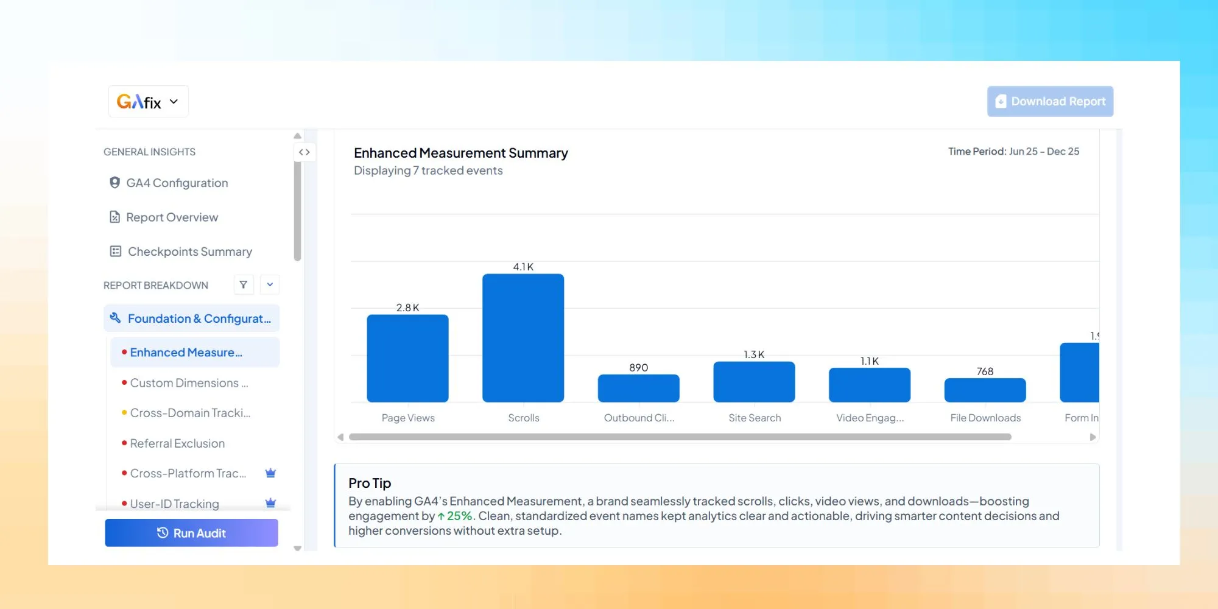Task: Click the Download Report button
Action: pos(1050,101)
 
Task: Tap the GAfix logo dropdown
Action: pos(148,102)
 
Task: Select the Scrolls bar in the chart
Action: pos(523,338)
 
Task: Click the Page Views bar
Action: pos(407,358)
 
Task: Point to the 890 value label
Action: pos(638,367)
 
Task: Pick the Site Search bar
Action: pos(754,382)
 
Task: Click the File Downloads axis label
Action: pos(985,418)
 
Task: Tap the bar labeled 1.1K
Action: pos(869,385)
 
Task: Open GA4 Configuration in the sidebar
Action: pos(177,183)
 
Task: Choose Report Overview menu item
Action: pos(172,217)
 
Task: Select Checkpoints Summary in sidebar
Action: pos(189,252)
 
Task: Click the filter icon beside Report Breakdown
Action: pos(244,284)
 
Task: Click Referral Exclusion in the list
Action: pos(177,443)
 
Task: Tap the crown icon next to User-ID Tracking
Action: pos(271,503)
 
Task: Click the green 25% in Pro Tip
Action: pos(459,516)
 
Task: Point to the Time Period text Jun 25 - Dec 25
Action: pos(1044,152)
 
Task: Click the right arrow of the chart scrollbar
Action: pos(1093,437)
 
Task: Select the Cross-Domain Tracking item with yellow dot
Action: pos(190,413)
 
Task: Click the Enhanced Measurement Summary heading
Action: pos(460,153)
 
